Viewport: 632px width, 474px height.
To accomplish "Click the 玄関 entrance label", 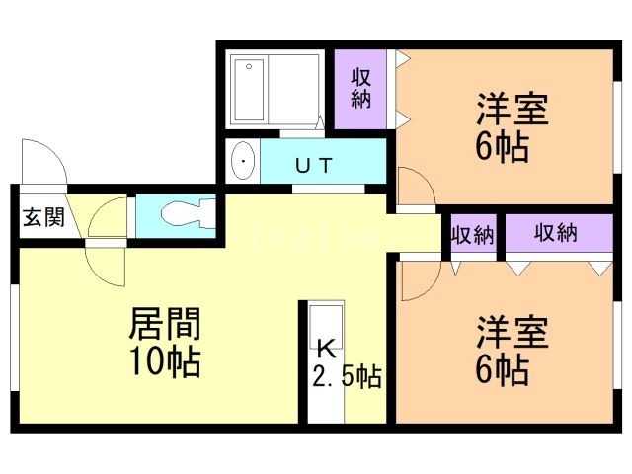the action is [43, 218].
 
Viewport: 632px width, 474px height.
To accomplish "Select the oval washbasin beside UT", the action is [243, 161].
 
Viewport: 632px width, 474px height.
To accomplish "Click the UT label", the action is [314, 165].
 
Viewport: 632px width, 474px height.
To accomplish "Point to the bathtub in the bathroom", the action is [249, 90].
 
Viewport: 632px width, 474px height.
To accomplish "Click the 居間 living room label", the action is [165, 324].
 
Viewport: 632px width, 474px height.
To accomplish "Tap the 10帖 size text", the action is [165, 360].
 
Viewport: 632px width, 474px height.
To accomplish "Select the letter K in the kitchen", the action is [327, 349].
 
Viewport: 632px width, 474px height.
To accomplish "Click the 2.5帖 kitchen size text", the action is [347, 376].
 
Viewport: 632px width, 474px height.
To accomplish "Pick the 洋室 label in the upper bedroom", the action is [513, 109].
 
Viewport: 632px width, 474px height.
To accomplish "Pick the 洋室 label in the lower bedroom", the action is [513, 332].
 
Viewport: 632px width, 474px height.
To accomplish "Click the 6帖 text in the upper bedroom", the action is [502, 147].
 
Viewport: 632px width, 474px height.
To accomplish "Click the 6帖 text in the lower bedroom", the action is [502, 369].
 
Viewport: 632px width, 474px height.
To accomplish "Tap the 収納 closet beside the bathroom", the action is [360, 89].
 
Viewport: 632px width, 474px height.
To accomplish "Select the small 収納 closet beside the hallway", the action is [473, 234].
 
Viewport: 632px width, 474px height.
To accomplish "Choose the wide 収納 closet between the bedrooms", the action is [559, 234].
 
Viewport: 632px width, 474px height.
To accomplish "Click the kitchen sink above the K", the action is [326, 327].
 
